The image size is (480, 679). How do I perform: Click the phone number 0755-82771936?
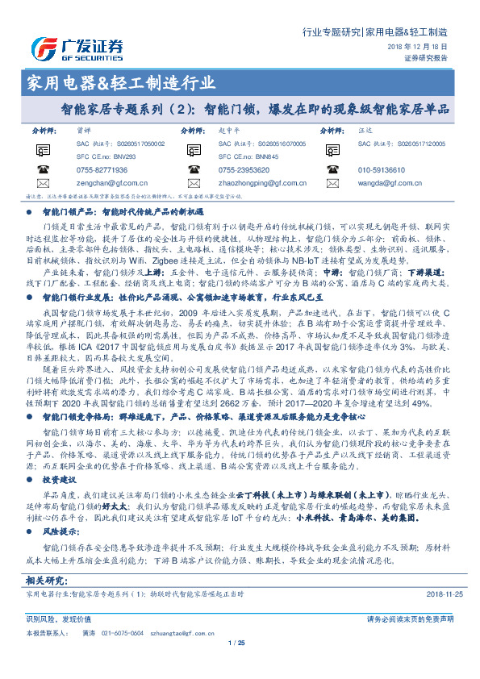(102, 170)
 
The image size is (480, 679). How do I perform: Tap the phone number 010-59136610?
(382, 170)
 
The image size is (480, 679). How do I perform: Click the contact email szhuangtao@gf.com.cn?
(165, 633)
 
